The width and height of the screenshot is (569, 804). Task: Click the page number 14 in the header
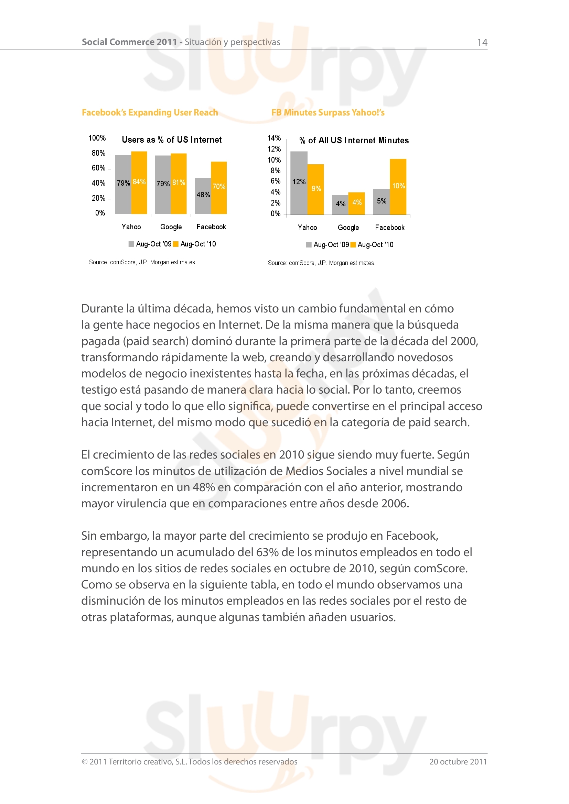482,42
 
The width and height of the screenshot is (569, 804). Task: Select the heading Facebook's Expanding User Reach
150,112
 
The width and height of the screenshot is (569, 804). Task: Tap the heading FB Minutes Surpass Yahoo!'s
328,112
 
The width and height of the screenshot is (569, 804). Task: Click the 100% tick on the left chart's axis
97,138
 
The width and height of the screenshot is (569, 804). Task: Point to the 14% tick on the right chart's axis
274,138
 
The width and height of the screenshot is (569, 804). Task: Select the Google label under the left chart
171,227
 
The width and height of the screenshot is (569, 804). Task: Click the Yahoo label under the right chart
307,228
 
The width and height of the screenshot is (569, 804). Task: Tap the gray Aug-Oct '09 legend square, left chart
131,244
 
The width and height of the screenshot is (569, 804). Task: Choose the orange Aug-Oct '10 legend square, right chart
353,245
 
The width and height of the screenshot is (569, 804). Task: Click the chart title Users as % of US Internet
172,140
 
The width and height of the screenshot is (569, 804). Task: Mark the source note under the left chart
143,262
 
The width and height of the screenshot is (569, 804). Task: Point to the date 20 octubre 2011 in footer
458,762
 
